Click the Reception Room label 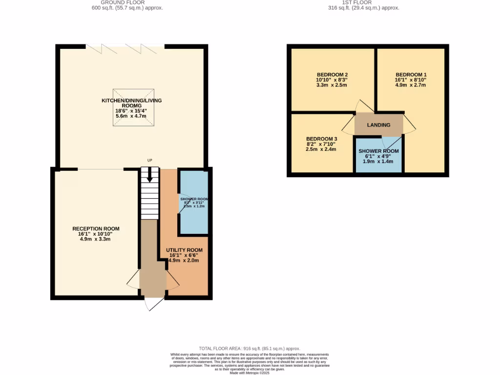click(x=96, y=229)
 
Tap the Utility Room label click(x=184, y=250)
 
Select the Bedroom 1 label click(x=411, y=74)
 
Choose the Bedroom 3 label click(x=321, y=139)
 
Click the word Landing click(x=379, y=125)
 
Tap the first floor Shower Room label click(x=379, y=151)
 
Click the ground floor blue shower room click(x=193, y=215)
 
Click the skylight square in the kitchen click(x=134, y=107)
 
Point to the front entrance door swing click(x=153, y=304)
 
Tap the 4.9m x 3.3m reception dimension click(x=96, y=239)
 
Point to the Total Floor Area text click(x=250, y=349)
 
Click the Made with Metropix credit click(x=250, y=373)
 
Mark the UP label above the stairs click(x=150, y=160)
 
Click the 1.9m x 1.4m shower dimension click(x=379, y=162)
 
